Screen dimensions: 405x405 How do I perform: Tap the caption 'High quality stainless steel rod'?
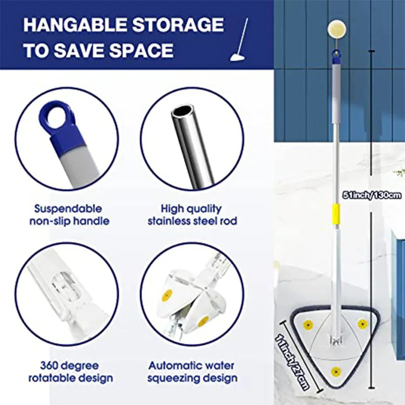click(x=192, y=215)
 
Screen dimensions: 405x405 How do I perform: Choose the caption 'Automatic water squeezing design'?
click(x=192, y=371)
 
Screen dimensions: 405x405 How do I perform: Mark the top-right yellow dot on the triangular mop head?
click(x=362, y=323)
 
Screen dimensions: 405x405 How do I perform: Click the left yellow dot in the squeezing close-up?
click(x=167, y=295)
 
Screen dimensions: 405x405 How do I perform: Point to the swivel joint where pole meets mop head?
click(x=335, y=335)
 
